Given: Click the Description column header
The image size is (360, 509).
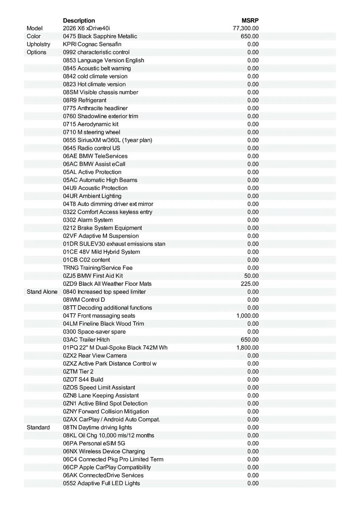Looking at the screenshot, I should [79, 20].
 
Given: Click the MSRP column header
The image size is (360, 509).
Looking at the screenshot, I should [250, 20].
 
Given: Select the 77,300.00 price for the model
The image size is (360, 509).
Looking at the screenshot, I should [246, 28].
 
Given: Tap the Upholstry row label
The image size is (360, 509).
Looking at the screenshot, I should [38, 44].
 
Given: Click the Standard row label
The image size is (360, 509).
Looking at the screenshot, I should [38, 428].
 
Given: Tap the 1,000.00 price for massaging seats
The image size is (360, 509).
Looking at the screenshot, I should [247, 316].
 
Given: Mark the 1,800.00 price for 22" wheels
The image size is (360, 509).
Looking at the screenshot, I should [247, 348].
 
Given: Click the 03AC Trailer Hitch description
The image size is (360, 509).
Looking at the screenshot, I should [86, 340].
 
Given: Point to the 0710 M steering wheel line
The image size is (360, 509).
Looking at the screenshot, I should [92, 132].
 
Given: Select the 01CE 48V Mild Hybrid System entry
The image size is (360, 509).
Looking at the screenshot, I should [101, 252].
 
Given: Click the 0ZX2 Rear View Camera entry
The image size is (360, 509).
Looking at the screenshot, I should [95, 355].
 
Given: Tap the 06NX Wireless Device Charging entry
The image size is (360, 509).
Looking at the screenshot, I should [104, 451].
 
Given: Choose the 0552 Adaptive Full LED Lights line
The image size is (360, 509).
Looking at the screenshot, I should [101, 483].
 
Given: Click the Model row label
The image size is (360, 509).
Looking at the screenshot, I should [35, 28].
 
